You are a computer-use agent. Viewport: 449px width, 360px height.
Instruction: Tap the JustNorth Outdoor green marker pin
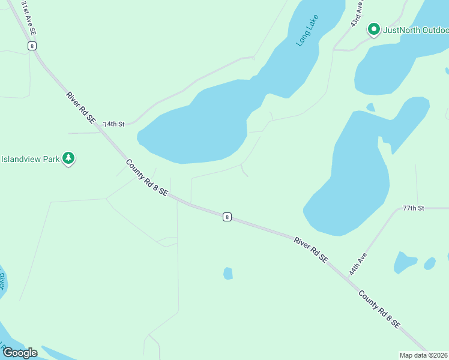tap(373, 29)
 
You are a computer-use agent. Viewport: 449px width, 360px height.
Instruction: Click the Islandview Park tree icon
tap(69, 158)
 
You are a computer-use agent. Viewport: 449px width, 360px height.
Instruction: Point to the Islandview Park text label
tap(30, 159)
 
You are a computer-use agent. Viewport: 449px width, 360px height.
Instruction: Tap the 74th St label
tap(113, 124)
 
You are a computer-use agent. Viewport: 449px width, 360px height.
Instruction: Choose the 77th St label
tap(413, 208)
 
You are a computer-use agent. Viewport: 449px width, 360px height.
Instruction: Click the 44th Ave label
tap(358, 263)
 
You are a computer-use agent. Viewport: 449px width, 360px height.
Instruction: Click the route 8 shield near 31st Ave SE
tap(32, 46)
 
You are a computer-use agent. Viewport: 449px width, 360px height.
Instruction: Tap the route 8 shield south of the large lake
tap(226, 217)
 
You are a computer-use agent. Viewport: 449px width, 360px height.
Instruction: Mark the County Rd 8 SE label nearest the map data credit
tap(379, 309)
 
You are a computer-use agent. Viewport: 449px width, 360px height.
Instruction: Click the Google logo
tap(20, 353)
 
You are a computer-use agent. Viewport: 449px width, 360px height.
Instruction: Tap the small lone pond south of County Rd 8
tap(228, 274)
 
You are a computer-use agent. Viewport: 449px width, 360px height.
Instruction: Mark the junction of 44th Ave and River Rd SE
tap(348, 275)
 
